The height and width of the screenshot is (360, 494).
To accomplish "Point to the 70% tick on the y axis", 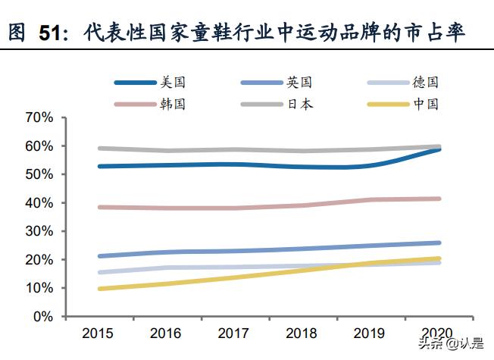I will (x=39, y=117).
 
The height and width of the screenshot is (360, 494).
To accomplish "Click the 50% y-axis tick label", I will (x=39, y=174).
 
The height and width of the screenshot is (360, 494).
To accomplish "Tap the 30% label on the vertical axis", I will (x=39, y=231).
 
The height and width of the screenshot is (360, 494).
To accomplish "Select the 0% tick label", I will (x=42, y=317).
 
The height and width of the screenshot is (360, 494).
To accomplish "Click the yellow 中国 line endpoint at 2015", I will (x=99, y=289).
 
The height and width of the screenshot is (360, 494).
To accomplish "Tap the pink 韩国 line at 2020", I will (x=439, y=199).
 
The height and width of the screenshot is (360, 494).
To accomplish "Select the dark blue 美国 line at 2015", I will (x=99, y=166).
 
